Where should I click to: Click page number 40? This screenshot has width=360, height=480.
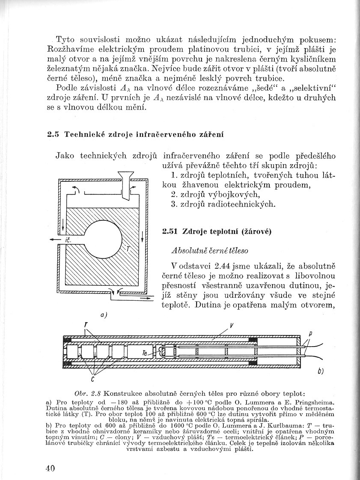(50, 468)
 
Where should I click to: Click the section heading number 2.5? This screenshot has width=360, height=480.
(53, 135)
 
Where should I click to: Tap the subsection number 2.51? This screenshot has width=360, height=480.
(170, 231)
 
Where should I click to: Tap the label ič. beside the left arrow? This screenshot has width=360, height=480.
(67, 241)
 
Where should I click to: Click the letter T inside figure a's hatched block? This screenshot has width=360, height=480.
(127, 249)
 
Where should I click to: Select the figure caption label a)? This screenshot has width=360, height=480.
(103, 315)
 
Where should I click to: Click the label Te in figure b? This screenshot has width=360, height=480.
(145, 353)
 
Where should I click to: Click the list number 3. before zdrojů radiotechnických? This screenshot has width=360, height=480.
(173, 204)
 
